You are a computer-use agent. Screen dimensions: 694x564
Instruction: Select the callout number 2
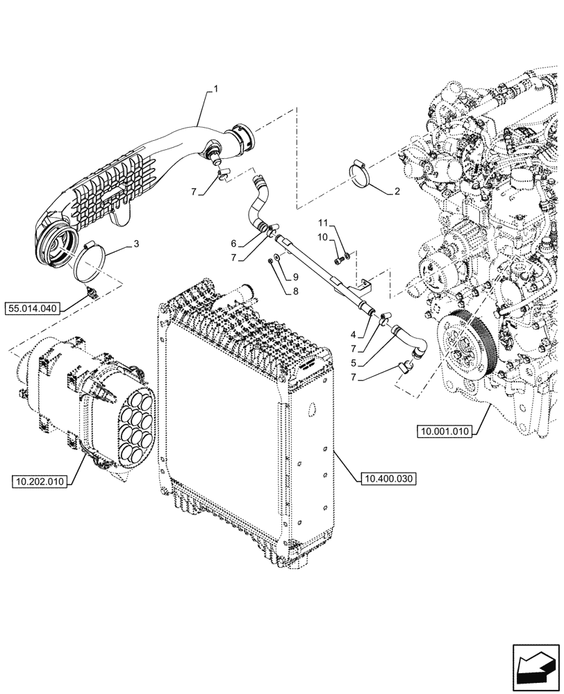pyautogui.click(x=397, y=189)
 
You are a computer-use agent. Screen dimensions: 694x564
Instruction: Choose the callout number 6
pyautogui.click(x=234, y=243)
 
